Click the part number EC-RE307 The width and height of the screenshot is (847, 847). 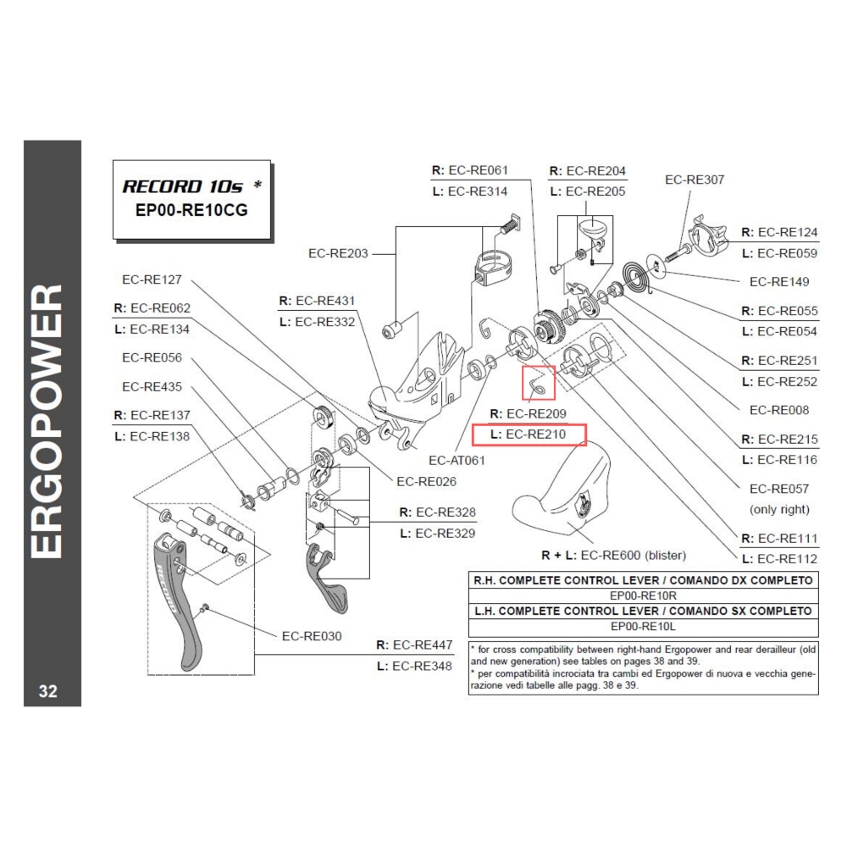coord(695,180)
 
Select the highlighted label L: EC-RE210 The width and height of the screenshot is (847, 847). coord(529,435)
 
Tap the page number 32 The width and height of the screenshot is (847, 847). coord(48,691)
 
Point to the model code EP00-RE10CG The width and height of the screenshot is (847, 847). coord(191,211)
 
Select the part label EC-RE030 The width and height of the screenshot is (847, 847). coord(312,635)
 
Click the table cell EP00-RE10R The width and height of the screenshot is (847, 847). coord(644,595)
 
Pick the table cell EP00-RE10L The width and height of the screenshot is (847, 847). coord(644,627)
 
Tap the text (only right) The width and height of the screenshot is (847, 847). coord(779,509)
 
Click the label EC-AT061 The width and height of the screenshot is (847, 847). coord(457,461)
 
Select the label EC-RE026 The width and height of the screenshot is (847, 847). coord(426,481)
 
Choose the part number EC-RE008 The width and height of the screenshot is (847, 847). coord(779,410)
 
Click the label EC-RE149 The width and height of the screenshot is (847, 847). coord(779,282)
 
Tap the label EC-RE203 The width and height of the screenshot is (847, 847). coord(338,253)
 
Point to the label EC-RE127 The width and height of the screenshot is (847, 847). coord(152,280)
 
